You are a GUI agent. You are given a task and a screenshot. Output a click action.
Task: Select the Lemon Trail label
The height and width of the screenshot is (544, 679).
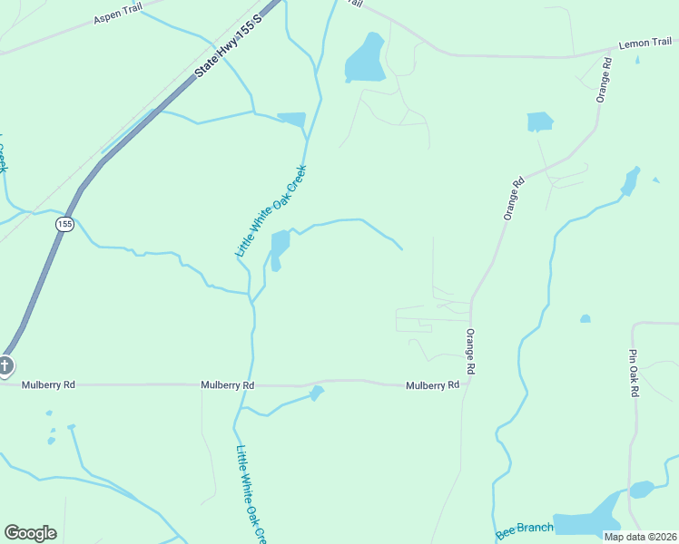[645, 43]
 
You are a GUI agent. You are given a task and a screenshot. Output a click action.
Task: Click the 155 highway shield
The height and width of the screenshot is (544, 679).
[64, 224]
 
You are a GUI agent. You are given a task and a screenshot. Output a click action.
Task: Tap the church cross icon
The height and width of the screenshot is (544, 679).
[5, 366]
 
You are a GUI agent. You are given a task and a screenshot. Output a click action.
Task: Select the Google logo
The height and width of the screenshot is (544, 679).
[30, 533]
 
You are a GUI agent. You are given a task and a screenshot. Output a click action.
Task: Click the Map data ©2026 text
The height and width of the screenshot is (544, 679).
[639, 537]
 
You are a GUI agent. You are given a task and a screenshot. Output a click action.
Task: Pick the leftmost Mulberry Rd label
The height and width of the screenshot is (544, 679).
[49, 384]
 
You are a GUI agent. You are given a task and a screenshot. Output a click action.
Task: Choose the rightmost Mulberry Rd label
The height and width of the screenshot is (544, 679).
[432, 385]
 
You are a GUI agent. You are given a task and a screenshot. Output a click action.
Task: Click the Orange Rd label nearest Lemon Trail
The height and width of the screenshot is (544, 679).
[604, 81]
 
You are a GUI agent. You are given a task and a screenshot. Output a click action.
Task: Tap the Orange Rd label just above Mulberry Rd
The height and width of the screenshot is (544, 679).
[470, 352]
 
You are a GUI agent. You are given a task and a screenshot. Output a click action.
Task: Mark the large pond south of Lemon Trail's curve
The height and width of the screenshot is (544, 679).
[364, 61]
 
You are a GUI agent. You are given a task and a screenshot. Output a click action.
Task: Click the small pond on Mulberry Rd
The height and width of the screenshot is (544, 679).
[316, 393]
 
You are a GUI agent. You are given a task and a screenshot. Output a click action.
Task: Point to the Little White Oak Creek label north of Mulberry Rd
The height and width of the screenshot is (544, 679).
[271, 210]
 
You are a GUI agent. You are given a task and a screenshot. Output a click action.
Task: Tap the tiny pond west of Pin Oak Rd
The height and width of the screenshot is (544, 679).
[586, 319]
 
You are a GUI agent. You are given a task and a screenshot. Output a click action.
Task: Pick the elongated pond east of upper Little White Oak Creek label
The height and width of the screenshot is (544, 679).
[280, 248]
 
